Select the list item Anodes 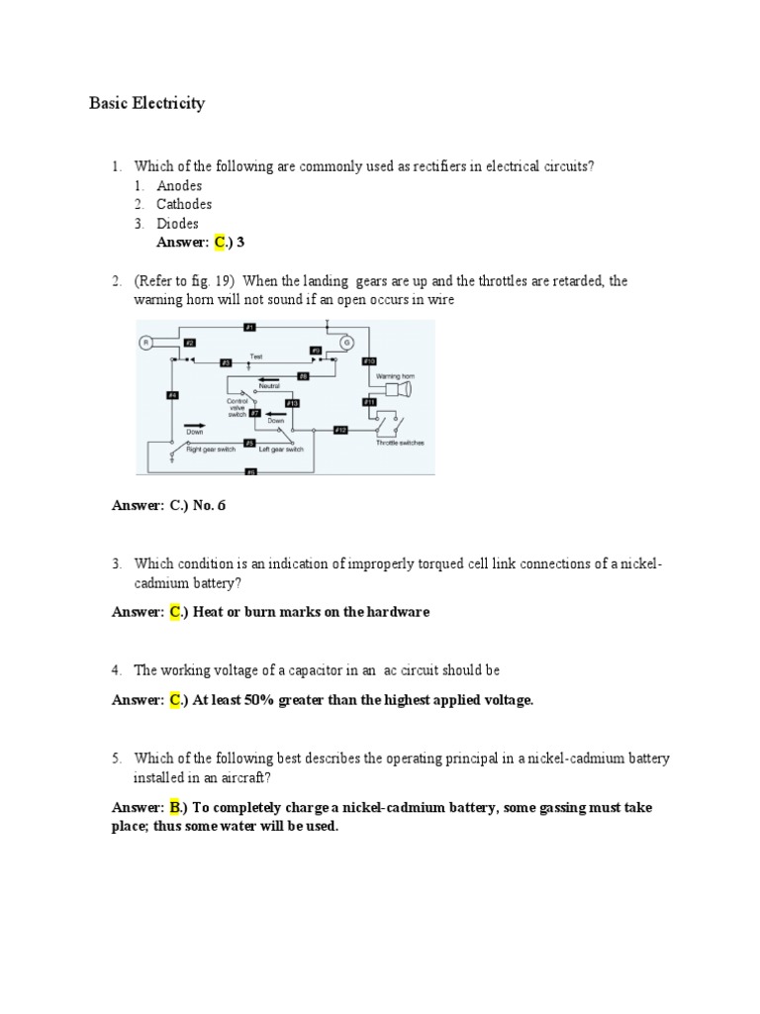pyautogui.click(x=179, y=185)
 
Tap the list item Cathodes pyautogui.click(x=184, y=204)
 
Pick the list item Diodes pyautogui.click(x=178, y=223)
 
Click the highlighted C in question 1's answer pyautogui.click(x=220, y=243)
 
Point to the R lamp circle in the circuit pyautogui.click(x=144, y=343)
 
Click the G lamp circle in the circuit pyautogui.click(x=346, y=343)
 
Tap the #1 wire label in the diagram pyautogui.click(x=249, y=326)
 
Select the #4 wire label pyautogui.click(x=172, y=396)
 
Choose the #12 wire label pyautogui.click(x=339, y=429)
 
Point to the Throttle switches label pyautogui.click(x=400, y=443)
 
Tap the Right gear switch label pyautogui.click(x=211, y=450)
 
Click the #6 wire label pyautogui.click(x=250, y=472)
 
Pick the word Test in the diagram pyautogui.click(x=256, y=355)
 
